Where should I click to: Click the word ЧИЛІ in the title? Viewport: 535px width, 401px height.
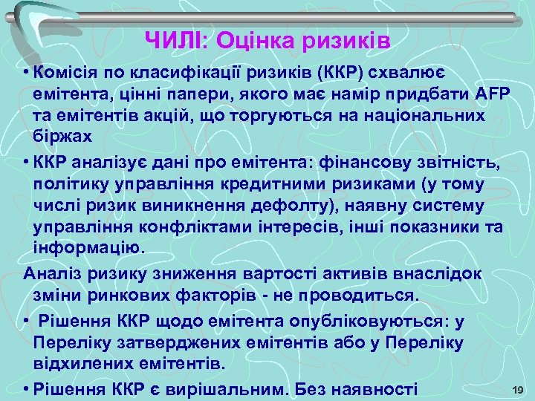(x=169, y=39)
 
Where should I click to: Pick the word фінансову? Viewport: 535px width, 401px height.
(x=360, y=163)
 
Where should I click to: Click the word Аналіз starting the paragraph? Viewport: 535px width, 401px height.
(x=49, y=273)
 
